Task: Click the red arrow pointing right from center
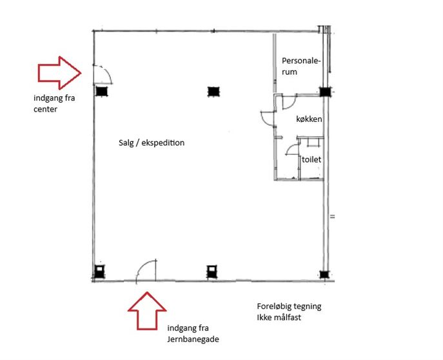pos(59,73)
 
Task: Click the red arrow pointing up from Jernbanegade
pos(147,311)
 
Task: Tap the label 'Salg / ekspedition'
pos(152,143)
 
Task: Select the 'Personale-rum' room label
pos(301,66)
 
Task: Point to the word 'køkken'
pos(309,119)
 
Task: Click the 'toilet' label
pos(311,159)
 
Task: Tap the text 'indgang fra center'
pos(54,103)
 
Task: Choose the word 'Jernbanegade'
pos(193,339)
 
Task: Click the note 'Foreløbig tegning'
pos(289,306)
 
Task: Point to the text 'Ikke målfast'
pos(279,317)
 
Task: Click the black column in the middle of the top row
pos(213,92)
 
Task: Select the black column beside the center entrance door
pos(101,91)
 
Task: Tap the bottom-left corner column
pos(99,272)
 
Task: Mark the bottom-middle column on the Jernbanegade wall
pos(212,272)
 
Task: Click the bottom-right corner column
pos(324,274)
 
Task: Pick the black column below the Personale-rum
pos(325,92)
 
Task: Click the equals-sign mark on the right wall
pos(333,217)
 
